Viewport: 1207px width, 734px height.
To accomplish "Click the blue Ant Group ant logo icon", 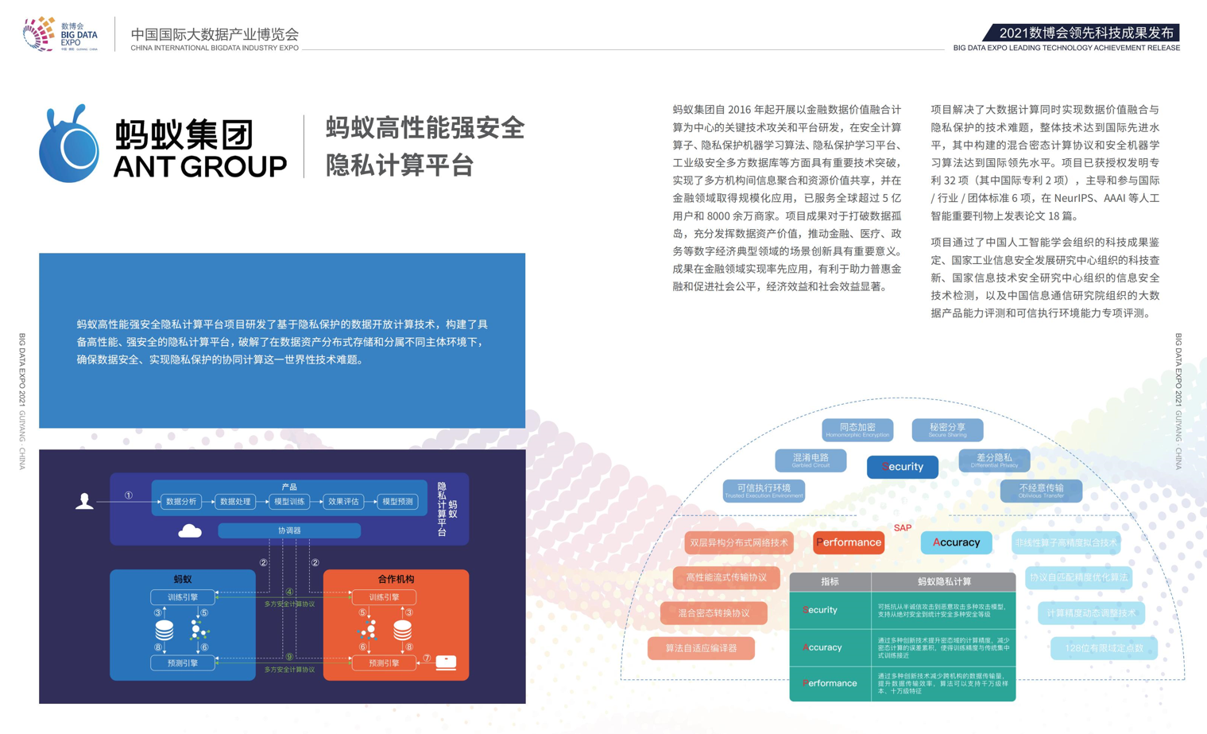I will click(x=70, y=146).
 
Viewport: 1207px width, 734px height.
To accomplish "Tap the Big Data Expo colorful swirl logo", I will click(x=38, y=33).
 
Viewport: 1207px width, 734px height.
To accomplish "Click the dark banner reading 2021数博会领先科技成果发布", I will click(x=1084, y=33).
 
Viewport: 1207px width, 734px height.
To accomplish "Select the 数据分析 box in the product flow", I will click(x=181, y=502).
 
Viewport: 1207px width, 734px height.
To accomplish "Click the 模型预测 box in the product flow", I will click(x=397, y=502).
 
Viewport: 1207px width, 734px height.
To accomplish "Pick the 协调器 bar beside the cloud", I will click(x=289, y=530).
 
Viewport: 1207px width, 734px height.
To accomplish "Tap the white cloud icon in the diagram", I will click(x=190, y=530).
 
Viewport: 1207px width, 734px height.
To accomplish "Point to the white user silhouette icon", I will click(x=84, y=501).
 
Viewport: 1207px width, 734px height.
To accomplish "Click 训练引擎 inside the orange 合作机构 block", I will click(x=385, y=597).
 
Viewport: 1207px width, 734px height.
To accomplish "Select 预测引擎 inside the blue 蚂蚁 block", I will click(x=183, y=662).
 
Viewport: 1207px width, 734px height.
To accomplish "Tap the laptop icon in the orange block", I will click(x=446, y=662).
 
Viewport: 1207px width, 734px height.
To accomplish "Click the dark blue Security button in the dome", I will click(x=903, y=467).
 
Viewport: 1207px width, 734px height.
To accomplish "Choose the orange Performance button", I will click(x=849, y=542).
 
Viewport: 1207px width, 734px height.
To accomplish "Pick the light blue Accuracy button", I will click(x=956, y=542).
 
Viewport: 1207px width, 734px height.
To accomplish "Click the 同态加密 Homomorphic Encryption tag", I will click(x=857, y=429).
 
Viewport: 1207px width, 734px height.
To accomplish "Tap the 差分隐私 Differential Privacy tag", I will click(x=994, y=460).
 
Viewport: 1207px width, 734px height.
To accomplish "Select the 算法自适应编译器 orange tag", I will click(x=701, y=648).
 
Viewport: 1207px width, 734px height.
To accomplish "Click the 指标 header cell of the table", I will click(x=830, y=582).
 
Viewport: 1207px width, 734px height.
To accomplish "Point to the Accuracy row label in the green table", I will click(x=822, y=647).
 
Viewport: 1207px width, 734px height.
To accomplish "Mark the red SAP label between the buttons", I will click(x=903, y=528).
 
